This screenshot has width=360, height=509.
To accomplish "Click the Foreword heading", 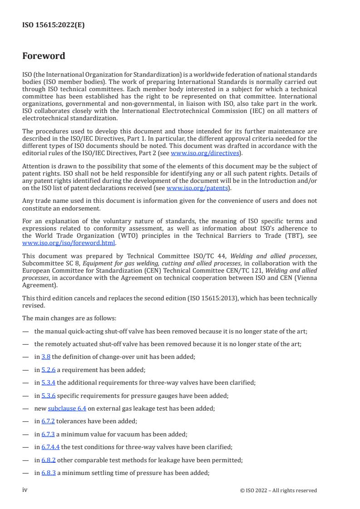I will coord(44,56).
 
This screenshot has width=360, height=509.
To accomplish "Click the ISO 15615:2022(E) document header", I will coord(54,25).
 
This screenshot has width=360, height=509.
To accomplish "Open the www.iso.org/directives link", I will coord(205,153).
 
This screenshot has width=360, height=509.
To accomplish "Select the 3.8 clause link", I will coord(45,356).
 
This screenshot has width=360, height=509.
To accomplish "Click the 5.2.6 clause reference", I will coord(48,369).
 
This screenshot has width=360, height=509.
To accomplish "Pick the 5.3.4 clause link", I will coord(48,382).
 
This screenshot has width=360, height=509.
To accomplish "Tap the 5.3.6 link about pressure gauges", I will coord(48,395).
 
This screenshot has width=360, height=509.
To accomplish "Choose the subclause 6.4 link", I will coord(67,408).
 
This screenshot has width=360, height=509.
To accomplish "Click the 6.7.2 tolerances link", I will coord(48,421).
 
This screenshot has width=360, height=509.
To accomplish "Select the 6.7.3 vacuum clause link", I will coord(48,434).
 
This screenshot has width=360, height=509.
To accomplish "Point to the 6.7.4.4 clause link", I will coord(50,447).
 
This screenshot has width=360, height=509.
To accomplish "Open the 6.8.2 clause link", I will coord(48,460).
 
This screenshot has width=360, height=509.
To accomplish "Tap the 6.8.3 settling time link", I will coord(48,473).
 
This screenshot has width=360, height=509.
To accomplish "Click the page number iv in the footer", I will coord(25,490).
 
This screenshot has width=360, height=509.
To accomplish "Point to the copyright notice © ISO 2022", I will coord(278,490).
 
